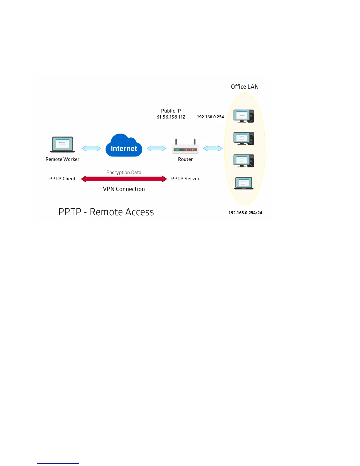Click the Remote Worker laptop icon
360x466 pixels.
coord(62,144)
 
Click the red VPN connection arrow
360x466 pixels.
coord(124,179)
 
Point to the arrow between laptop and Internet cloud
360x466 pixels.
coord(91,148)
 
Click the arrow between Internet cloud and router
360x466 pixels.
coord(156,148)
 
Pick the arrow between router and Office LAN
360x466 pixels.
coord(213,148)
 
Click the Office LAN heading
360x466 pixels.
coord(245,87)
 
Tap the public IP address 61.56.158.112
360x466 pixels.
coord(171,117)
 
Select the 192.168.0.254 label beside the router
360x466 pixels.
coord(210,117)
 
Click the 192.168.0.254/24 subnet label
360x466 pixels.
coord(245,213)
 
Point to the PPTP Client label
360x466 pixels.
coord(62,179)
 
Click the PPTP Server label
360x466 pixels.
coord(185,179)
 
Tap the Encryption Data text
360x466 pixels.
coord(124,172)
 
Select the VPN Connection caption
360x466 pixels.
coord(124,189)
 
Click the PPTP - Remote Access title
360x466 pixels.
coord(106,212)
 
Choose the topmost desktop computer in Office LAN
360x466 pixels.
coord(244,116)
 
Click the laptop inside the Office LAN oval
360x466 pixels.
coord(244,183)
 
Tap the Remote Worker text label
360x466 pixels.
coord(62,159)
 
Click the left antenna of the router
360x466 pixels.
coord(176,142)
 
